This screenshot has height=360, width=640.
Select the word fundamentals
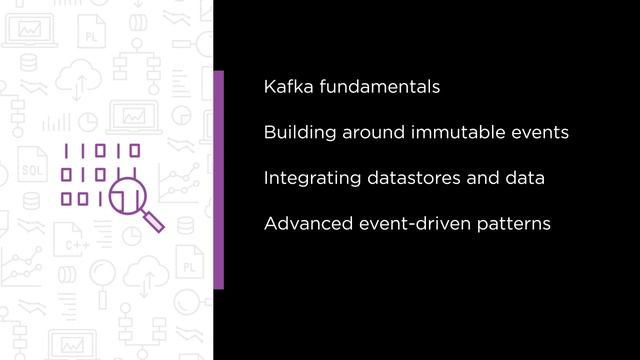(x=378, y=86)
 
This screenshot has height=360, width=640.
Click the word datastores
(x=407, y=178)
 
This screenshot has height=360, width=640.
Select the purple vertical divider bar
(x=219, y=179)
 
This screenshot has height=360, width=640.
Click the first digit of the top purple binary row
(x=68, y=152)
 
